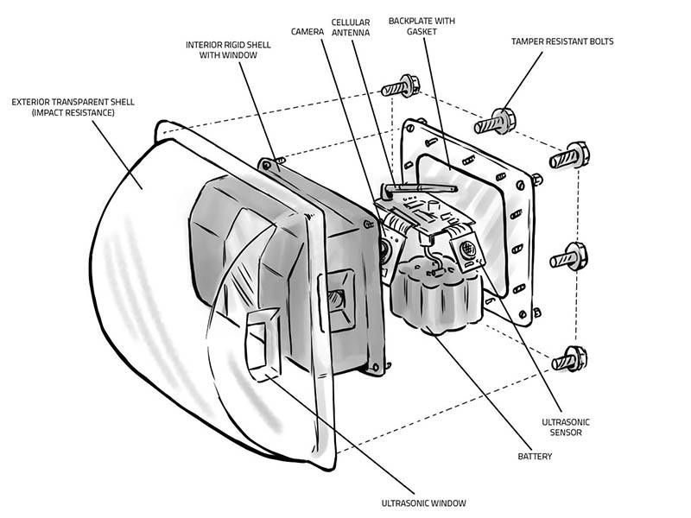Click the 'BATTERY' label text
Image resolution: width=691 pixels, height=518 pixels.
[536, 455]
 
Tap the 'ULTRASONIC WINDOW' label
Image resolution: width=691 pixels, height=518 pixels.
[424, 502]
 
